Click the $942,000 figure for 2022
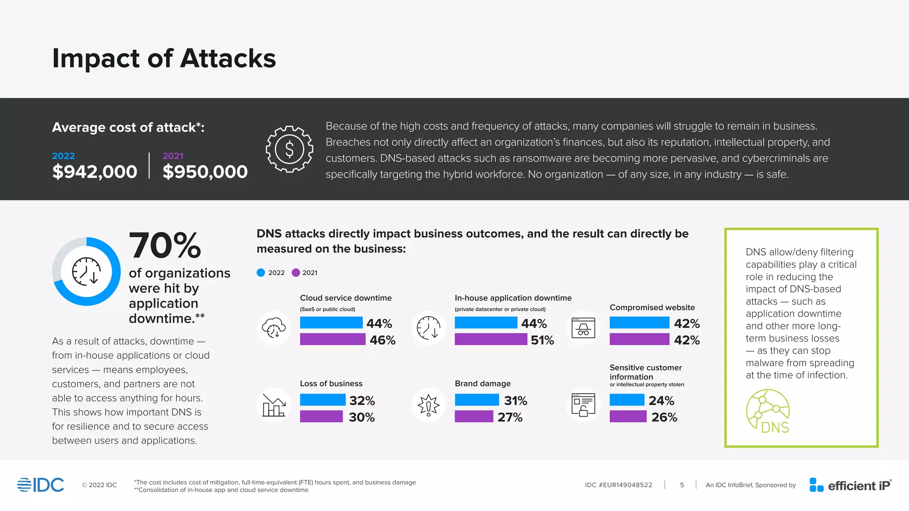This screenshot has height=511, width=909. (x=95, y=172)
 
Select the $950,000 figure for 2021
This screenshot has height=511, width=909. (x=205, y=172)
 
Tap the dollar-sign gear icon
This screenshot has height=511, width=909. (x=289, y=149)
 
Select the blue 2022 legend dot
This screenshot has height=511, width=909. (x=261, y=273)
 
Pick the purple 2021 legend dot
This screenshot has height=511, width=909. (x=296, y=273)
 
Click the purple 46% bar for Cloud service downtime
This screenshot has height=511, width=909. (x=332, y=339)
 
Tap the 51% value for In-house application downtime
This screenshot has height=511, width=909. (x=542, y=340)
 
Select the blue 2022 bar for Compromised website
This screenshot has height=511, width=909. (x=639, y=323)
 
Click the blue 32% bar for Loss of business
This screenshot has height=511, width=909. (x=323, y=400)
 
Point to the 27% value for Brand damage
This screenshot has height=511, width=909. (x=510, y=417)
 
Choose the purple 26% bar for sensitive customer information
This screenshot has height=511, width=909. (x=628, y=417)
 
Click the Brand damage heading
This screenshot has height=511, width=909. (x=482, y=384)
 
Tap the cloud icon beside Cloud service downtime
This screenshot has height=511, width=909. (x=274, y=328)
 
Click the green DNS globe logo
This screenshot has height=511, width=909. (x=768, y=411)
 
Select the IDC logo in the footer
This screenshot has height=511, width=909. (x=41, y=485)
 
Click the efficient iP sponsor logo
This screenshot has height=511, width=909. (x=850, y=485)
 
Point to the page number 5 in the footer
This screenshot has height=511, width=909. (x=682, y=485)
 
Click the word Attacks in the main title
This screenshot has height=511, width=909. (x=228, y=59)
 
